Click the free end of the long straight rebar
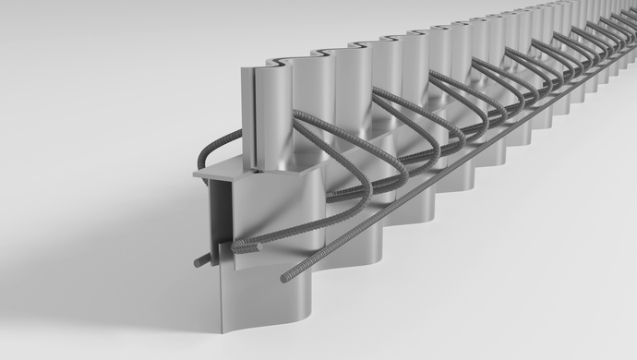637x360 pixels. (x=286, y=276)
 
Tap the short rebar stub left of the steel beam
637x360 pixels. (x=200, y=262)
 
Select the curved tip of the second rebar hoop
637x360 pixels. (x=404, y=171)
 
